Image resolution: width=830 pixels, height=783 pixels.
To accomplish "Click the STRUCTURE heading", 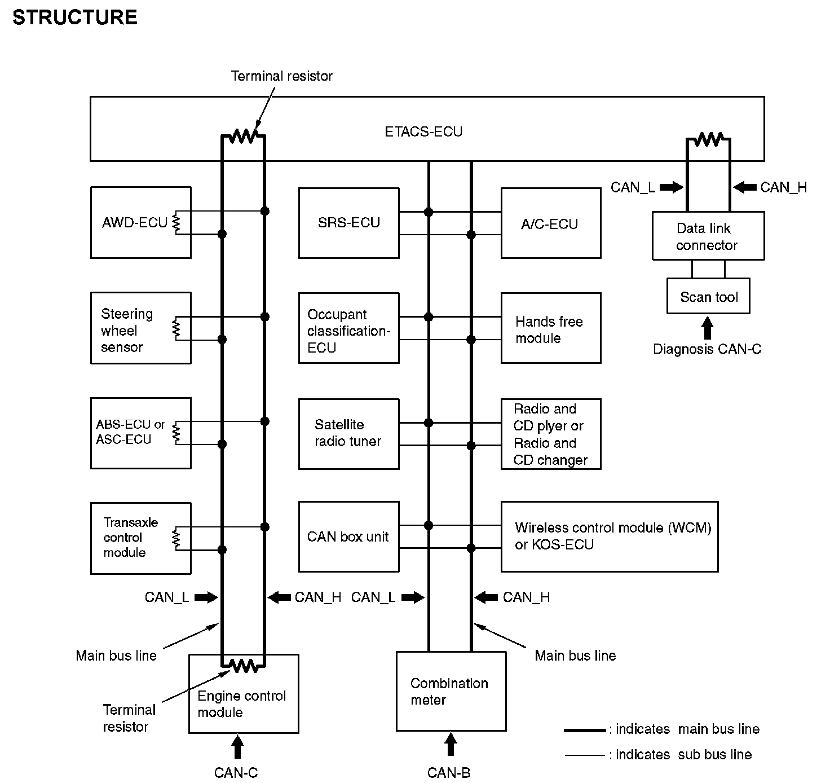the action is [x=75, y=17].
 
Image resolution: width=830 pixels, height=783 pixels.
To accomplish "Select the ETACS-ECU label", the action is [x=423, y=132].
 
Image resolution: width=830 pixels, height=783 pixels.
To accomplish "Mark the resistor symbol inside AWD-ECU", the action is [x=176, y=222].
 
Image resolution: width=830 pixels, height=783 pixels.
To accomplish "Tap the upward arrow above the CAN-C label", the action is [x=237, y=747].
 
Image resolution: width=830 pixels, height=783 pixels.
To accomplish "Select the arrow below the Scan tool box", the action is [x=707, y=328].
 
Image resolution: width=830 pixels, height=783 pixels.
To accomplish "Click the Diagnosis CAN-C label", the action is [x=707, y=349].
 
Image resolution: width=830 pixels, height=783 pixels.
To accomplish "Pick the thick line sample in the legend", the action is [x=585, y=731].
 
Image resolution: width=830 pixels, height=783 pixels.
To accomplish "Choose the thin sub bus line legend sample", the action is [x=585, y=755].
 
